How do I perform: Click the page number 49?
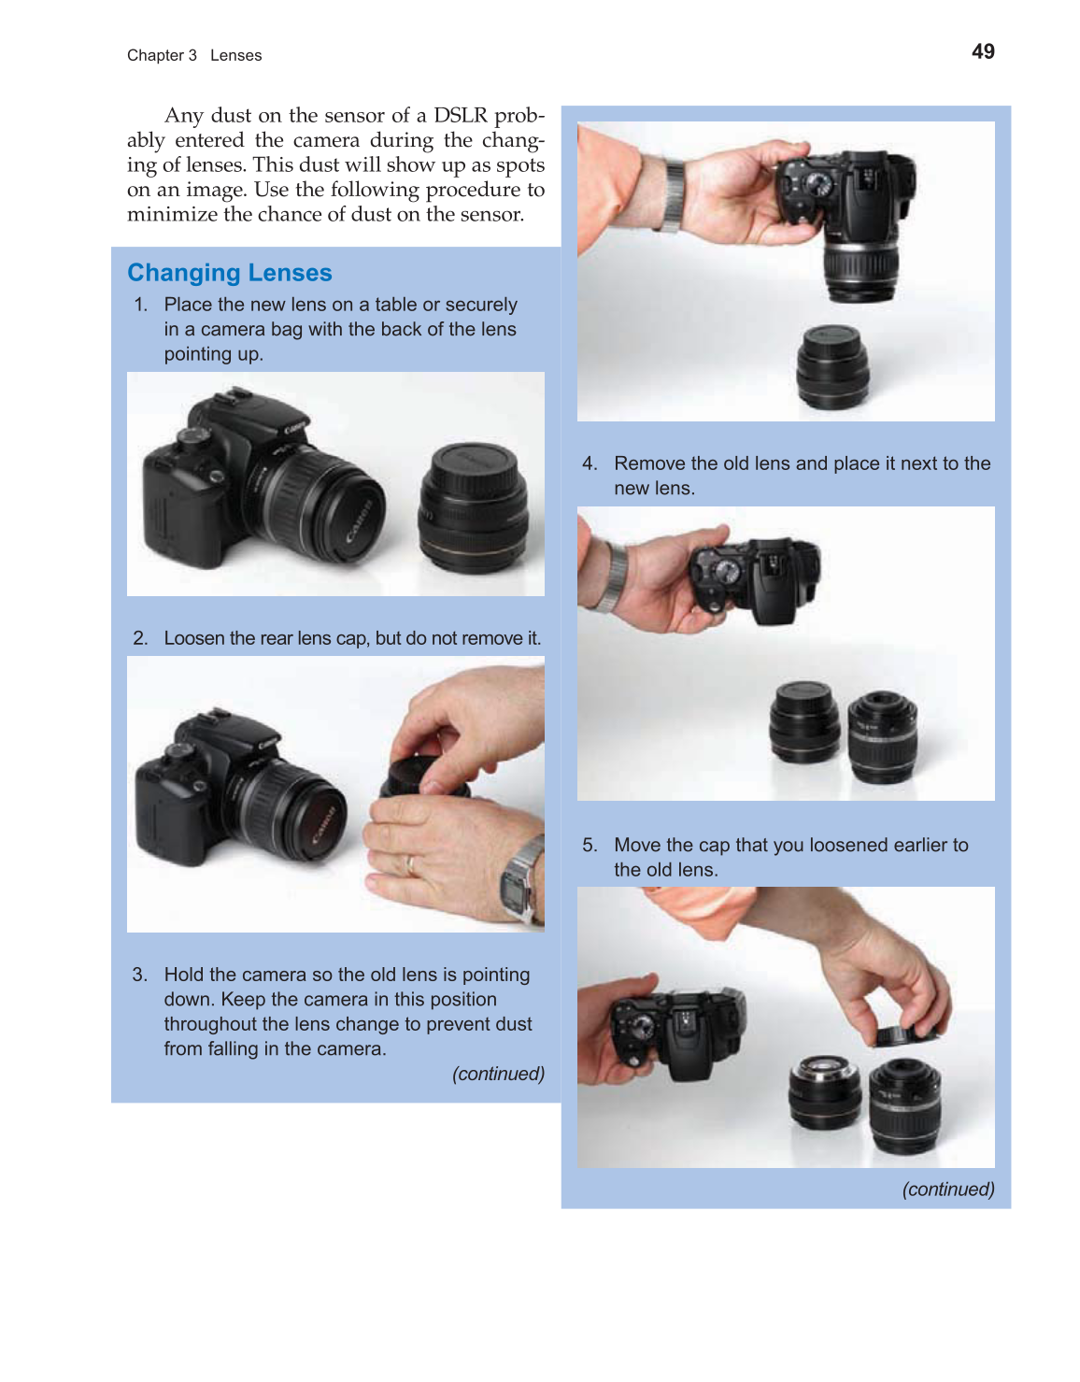click(x=983, y=52)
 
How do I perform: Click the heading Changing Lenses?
click(x=229, y=273)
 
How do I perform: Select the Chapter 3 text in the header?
click(x=162, y=56)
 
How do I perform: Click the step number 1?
click(x=140, y=305)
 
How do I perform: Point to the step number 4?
click(x=590, y=463)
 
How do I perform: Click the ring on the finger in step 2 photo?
click(x=410, y=864)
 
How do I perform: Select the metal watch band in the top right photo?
click(x=670, y=194)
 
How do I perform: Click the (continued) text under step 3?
click(x=498, y=1074)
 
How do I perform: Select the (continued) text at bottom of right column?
click(x=947, y=1190)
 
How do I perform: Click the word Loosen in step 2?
click(x=194, y=638)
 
